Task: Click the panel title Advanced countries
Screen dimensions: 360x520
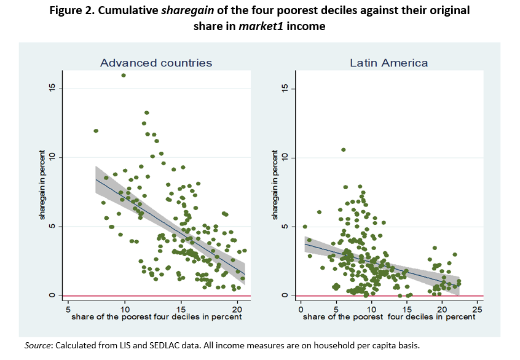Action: [x=156, y=63]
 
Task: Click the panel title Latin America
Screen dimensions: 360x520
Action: [x=388, y=63]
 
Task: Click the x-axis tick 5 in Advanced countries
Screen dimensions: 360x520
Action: [x=68, y=307]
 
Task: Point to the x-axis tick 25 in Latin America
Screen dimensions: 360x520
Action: [x=478, y=307]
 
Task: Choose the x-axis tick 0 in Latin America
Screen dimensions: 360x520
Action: [x=301, y=307]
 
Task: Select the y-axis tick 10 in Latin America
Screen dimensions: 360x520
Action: [x=284, y=158]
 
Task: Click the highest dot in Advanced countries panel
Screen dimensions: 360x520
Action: [x=124, y=75]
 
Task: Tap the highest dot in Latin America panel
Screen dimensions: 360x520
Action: [x=344, y=149]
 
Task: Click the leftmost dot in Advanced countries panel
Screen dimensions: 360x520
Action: [x=96, y=131]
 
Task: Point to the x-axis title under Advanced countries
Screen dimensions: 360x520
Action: [x=156, y=317]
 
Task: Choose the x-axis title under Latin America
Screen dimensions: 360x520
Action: [x=388, y=317]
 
